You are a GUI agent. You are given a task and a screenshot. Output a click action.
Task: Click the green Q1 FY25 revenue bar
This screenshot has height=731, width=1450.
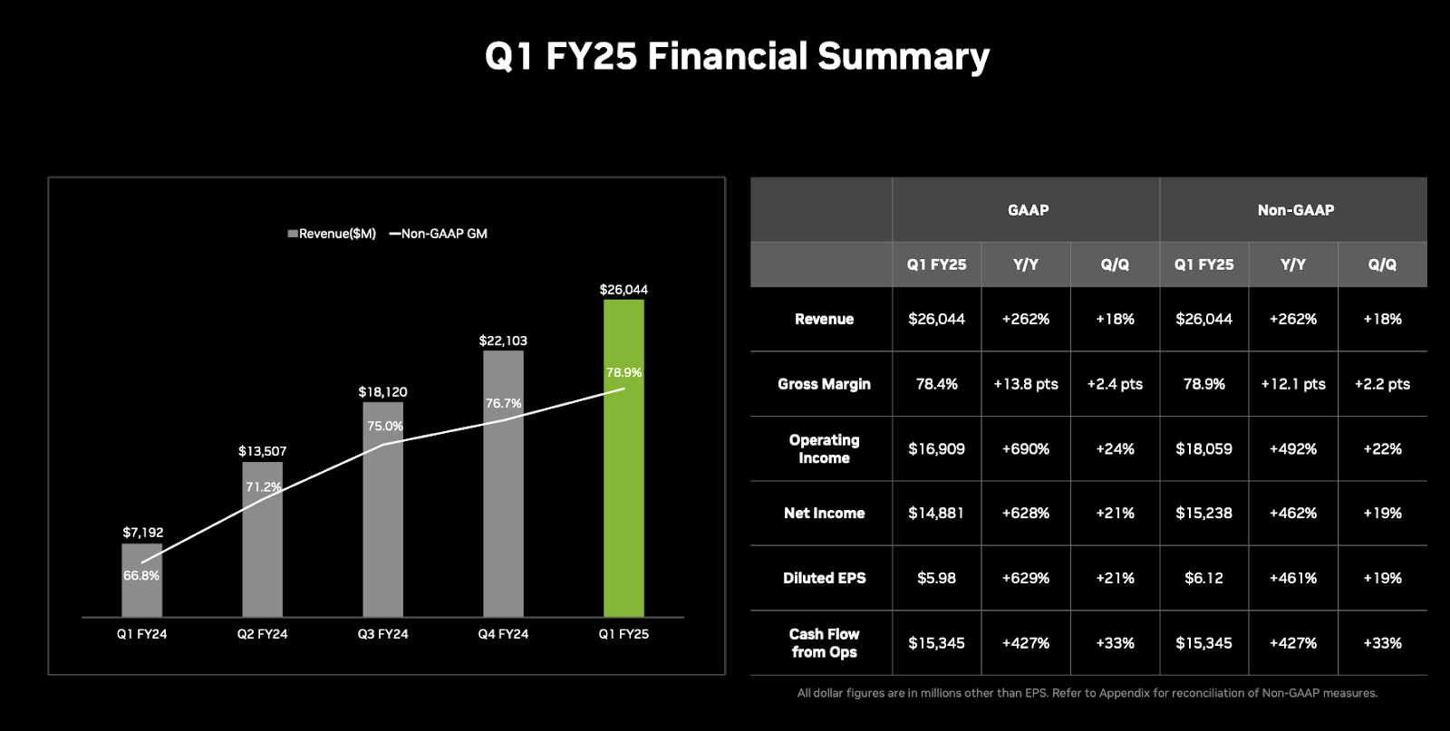[623, 498]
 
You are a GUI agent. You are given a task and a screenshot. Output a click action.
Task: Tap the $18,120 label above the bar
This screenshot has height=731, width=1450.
[382, 392]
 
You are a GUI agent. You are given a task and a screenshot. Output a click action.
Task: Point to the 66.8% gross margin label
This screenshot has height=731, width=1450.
[141, 576]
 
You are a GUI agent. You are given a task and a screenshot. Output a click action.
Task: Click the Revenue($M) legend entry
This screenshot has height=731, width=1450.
[332, 234]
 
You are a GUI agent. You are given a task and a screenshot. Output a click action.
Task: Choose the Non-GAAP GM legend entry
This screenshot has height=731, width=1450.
[439, 234]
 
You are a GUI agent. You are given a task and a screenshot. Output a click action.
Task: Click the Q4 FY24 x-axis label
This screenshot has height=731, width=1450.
[503, 634]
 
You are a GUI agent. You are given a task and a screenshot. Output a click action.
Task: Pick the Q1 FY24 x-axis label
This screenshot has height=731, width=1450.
[141, 634]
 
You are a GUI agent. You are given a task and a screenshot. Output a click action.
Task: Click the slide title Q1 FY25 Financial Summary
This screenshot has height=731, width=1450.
[737, 56]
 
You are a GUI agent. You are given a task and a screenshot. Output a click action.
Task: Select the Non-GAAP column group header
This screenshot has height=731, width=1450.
[1295, 210]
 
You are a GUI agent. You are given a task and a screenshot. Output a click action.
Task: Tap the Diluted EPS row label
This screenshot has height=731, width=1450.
[824, 578]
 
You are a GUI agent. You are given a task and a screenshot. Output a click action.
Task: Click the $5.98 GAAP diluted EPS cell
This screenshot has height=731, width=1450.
[936, 578]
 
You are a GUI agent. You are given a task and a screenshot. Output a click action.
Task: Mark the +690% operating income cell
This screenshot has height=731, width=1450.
[1025, 449]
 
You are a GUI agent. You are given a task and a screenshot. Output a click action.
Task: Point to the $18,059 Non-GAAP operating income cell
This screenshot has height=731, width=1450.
[1203, 449]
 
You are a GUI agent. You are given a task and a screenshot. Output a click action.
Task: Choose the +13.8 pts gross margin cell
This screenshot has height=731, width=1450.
[1025, 384]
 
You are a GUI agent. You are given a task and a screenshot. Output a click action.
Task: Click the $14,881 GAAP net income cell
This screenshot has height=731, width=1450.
[936, 514]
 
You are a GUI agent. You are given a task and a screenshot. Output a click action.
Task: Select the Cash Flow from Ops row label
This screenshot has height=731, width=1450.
[824, 643]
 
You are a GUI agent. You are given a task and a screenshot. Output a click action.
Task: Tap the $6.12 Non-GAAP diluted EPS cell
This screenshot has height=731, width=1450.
[1203, 578]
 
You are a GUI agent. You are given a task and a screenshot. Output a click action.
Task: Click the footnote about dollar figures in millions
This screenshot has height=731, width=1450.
[1087, 694]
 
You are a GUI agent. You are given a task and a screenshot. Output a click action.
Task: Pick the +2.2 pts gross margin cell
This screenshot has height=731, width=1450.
[1382, 384]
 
